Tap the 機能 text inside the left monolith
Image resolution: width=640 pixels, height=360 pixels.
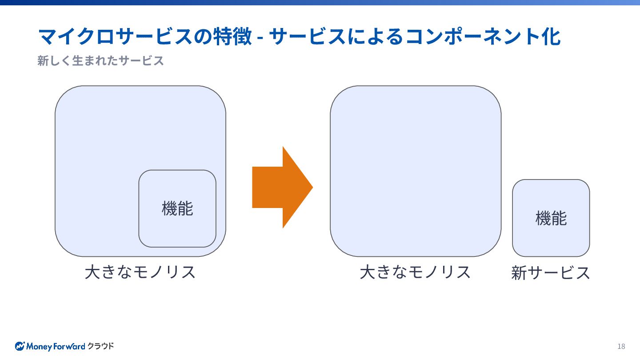(177, 208)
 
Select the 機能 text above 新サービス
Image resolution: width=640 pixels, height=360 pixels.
(551, 218)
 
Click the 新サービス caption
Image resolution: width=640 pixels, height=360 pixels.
(551, 273)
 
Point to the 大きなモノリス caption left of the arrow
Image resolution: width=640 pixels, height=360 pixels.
(140, 272)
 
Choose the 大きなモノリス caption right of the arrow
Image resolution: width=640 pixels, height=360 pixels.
(415, 272)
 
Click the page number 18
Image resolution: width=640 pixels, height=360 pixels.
(621, 347)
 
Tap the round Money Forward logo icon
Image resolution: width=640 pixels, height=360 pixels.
(20, 346)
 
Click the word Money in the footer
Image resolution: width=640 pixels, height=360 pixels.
(39, 346)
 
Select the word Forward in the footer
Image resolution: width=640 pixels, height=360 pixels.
(69, 346)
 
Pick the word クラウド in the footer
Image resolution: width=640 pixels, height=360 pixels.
(100, 346)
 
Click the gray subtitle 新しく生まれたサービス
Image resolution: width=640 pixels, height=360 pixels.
(100, 60)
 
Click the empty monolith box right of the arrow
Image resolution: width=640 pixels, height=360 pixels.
(416, 171)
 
